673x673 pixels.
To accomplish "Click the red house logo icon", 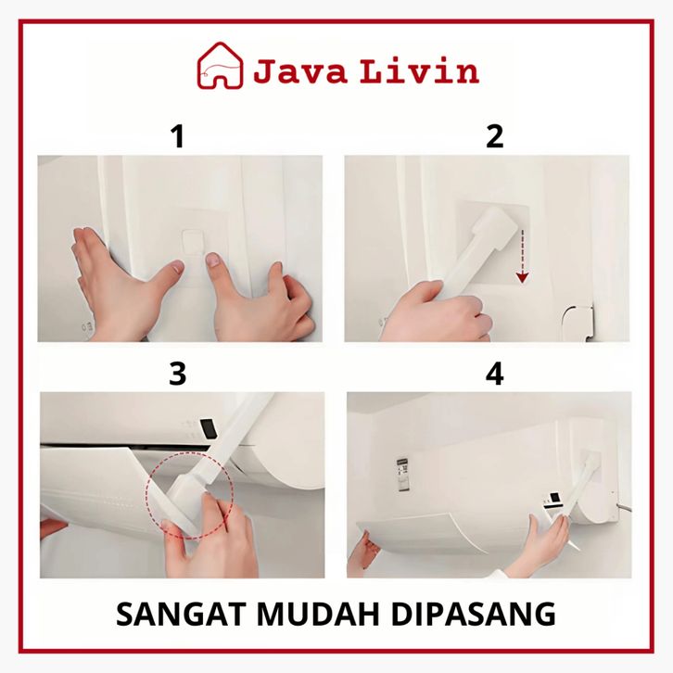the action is click(220, 66).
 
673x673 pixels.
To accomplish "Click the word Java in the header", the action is click(299, 71).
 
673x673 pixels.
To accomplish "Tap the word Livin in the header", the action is click(419, 70).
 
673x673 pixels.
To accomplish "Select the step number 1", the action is click(178, 136).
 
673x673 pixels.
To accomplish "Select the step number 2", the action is click(494, 136).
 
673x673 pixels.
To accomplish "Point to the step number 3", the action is click(178, 374).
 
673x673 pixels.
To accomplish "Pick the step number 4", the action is click(494, 374).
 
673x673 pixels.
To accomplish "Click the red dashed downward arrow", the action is click(522, 256).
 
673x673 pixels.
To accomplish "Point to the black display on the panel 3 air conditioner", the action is click(209, 429).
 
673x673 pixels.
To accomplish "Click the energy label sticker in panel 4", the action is click(401, 474).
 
